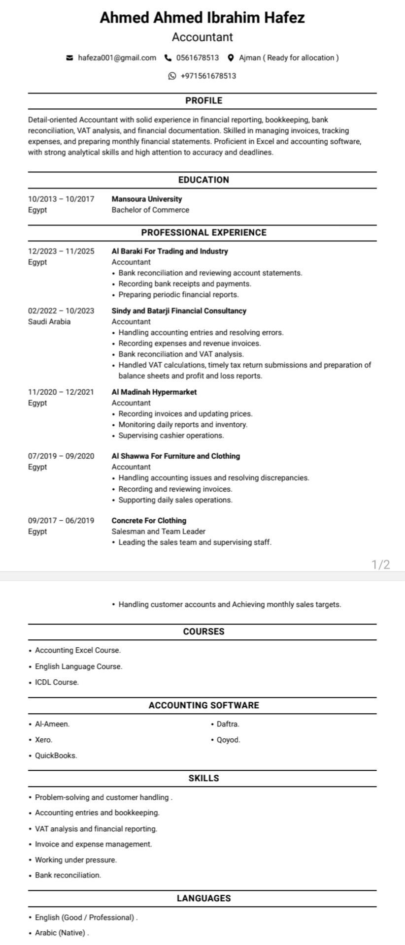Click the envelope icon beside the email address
tap(69, 58)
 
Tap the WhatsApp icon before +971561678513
tap(172, 76)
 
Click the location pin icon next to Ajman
tap(231, 58)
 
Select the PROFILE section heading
tap(203, 101)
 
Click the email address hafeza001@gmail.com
tap(117, 58)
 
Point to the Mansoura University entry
tap(147, 199)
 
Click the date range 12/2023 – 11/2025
tap(61, 252)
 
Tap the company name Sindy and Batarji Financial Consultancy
tap(179, 311)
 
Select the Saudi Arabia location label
tap(49, 322)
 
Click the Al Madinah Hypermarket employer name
tap(154, 392)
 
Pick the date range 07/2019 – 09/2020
tap(61, 456)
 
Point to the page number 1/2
tap(381, 565)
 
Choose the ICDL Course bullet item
tap(57, 682)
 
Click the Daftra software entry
tap(228, 724)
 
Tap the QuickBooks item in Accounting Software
tap(56, 756)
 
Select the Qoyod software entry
tap(229, 740)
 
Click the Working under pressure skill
tap(76, 860)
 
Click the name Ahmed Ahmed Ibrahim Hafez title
tap(202, 18)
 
